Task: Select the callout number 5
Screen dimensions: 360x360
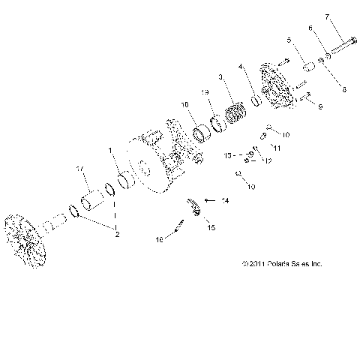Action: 288,40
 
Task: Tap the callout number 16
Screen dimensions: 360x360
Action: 158,241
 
